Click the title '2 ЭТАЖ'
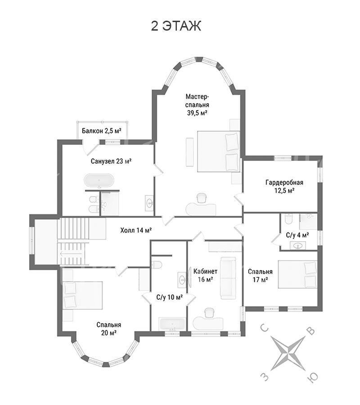pos(176,26)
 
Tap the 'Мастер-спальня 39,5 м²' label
pos(197,104)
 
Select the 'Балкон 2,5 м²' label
pos(102,130)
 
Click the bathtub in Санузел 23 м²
pos(99,180)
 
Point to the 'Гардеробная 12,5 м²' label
pos(284,186)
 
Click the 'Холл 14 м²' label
pos(136,230)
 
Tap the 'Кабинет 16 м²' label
pos(205,275)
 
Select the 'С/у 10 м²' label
pos(169,297)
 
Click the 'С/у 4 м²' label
pos(297,235)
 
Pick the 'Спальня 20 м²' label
pos(109,328)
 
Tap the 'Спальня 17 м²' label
pos(260,275)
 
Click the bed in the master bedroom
pos(219,152)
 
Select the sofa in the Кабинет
pos(228,278)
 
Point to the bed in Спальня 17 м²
pos(297,274)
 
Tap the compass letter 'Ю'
pos(312,378)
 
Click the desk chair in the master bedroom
pos(202,198)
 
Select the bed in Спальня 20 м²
pos(82,295)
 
